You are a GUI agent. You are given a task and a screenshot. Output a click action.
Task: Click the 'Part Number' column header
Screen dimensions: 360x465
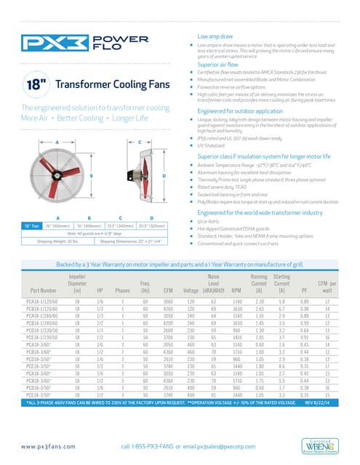38,311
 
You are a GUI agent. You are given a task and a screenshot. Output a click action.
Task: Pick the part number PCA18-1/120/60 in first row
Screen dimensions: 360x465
42,320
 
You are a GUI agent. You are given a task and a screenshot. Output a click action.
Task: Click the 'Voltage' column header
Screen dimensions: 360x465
192,311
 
